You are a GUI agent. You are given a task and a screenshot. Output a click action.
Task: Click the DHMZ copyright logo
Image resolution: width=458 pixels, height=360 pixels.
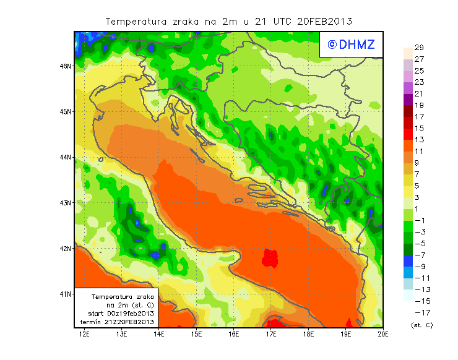point(350,44)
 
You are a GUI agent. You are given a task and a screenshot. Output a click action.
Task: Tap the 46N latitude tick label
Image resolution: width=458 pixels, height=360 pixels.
point(65,66)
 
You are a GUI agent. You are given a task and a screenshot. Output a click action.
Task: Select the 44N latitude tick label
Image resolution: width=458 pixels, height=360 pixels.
point(65,157)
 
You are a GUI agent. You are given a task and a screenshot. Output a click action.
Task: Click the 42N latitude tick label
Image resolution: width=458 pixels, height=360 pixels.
point(65,248)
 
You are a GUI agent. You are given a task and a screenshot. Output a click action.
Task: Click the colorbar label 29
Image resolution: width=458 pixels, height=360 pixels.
point(419,48)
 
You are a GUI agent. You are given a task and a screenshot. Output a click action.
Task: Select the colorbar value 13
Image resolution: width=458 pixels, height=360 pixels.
point(419,139)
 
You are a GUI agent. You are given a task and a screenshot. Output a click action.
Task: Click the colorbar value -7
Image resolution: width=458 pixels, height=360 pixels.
point(419,255)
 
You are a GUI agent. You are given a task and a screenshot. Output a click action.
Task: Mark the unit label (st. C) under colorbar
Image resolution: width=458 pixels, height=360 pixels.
point(421,325)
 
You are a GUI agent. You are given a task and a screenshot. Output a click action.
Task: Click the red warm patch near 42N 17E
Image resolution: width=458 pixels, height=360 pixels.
point(269,257)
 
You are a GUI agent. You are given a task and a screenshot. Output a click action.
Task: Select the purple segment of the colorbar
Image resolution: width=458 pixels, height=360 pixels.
point(407,99)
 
